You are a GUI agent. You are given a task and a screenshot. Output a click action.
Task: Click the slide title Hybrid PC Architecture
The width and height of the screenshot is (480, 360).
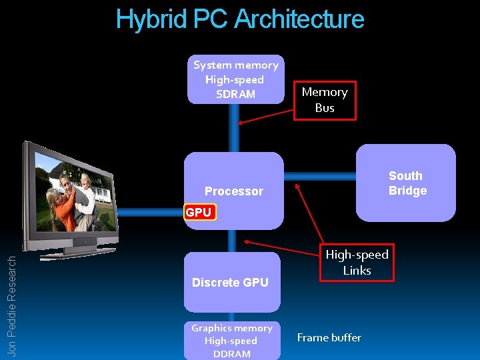(x=240, y=19)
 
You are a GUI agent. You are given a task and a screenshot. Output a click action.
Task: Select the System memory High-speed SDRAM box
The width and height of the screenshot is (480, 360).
(x=235, y=79)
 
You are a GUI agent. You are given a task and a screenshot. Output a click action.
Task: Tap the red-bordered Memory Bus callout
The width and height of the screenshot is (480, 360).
(x=325, y=100)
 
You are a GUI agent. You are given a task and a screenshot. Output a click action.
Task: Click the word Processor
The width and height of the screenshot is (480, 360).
(x=233, y=191)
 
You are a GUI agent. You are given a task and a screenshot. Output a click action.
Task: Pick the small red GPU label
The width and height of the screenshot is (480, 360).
(x=198, y=213)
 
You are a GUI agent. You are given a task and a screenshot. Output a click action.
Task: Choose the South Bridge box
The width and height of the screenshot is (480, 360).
(x=406, y=183)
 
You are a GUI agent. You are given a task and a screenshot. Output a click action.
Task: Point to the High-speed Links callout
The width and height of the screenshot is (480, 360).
(x=357, y=262)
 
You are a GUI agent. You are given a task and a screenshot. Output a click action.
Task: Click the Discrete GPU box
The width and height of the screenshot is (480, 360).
(x=231, y=282)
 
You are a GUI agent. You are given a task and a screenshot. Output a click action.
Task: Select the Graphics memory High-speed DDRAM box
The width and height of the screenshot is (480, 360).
(x=231, y=340)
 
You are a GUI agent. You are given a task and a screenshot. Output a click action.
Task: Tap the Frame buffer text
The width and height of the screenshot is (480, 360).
(x=329, y=337)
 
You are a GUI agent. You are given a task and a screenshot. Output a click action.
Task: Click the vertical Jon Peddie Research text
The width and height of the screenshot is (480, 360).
(x=11, y=306)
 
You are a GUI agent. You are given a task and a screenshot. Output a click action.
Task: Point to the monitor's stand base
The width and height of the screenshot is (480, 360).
(x=85, y=251)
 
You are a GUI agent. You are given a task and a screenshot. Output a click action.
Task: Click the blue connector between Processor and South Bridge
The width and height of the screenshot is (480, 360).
(x=320, y=177)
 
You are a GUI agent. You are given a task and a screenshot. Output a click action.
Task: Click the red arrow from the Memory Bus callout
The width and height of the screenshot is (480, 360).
(x=267, y=113)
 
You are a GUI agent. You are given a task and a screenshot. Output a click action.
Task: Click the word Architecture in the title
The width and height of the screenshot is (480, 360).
(x=299, y=19)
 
